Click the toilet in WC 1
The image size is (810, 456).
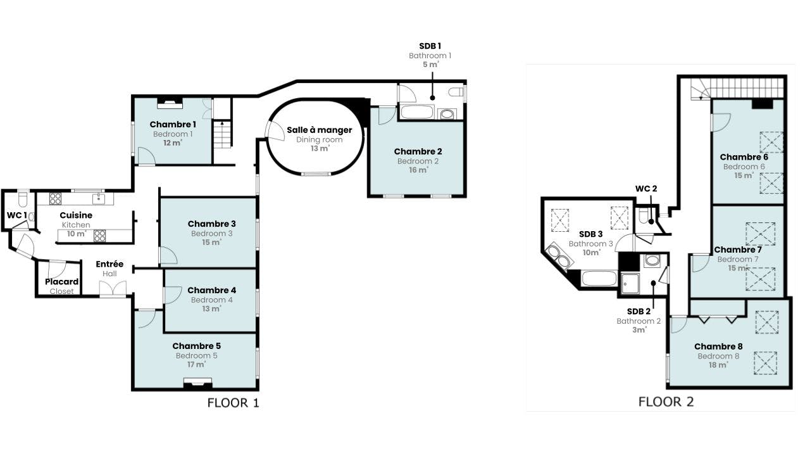tap(23, 199)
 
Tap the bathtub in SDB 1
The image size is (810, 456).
tap(417, 112)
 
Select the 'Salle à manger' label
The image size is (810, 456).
tap(320, 130)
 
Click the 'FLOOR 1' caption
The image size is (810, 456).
tap(234, 403)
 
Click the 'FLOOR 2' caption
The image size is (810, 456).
tap(666, 402)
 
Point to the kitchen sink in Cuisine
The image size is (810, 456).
tap(98, 198)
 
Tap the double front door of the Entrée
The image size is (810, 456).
tap(113, 289)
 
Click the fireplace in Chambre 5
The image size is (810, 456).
tap(197, 383)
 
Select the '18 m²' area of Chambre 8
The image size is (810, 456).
tap(718, 365)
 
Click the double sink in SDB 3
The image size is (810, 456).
tap(559, 256)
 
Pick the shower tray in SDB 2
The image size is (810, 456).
tap(630, 283)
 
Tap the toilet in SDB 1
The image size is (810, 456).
tap(456, 92)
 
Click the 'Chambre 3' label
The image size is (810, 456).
tap(211, 224)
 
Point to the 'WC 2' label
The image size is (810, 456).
tap(646, 189)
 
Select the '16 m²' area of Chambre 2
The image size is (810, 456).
tap(418, 170)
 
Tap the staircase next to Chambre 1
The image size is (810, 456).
tap(221, 135)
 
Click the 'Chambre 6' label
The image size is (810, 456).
tap(744, 157)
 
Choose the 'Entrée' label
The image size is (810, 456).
tap(109, 264)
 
